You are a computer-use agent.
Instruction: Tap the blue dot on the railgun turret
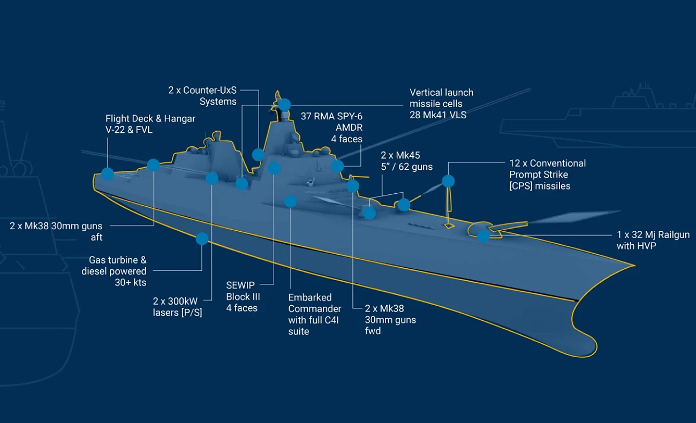click(x=483, y=236)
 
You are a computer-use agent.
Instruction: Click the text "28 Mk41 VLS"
click(x=438, y=115)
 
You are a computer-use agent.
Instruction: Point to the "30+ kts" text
click(x=130, y=283)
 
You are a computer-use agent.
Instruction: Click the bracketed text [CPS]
click(x=524, y=186)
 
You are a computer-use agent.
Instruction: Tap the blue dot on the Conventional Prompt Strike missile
click(x=448, y=181)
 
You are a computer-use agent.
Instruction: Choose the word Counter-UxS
click(x=210, y=90)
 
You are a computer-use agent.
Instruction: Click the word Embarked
click(x=310, y=297)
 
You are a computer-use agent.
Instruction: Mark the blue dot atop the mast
click(x=284, y=104)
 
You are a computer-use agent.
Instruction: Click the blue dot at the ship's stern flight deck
click(x=108, y=173)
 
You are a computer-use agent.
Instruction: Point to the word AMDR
click(x=349, y=127)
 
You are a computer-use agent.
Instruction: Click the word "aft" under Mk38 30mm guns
click(x=96, y=237)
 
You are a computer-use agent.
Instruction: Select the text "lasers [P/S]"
click(x=177, y=313)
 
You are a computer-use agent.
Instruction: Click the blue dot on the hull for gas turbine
click(x=202, y=239)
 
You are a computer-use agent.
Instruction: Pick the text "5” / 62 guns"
click(x=406, y=167)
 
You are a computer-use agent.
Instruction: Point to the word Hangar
click(x=178, y=118)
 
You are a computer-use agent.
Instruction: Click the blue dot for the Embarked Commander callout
click(x=291, y=201)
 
